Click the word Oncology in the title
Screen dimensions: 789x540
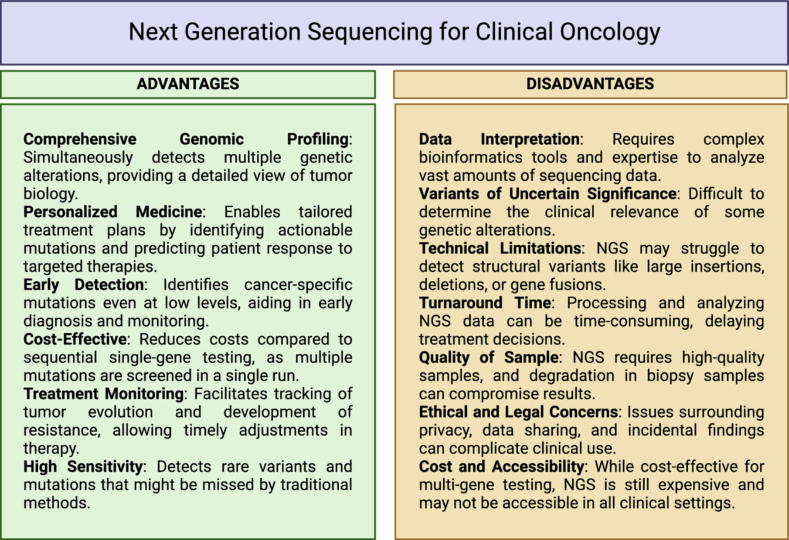[610, 32]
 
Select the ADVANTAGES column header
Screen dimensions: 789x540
[188, 84]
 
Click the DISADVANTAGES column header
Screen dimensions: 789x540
[590, 84]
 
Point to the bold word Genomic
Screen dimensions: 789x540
[211, 139]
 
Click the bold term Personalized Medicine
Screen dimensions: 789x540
[112, 212]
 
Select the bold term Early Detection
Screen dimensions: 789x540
[84, 284]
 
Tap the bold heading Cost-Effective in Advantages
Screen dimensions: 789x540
[75, 339]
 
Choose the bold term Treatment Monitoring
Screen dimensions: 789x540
[104, 394]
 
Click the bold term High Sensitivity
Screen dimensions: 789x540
[83, 466]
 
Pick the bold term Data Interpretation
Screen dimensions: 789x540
[499, 139]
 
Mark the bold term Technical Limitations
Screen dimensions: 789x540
[500, 248]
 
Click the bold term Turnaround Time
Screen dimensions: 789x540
[485, 303]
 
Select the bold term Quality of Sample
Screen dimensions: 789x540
[489, 357]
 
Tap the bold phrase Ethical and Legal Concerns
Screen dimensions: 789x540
[518, 412]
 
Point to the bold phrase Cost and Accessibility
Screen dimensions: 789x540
[501, 466]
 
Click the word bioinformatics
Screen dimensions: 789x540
[471, 157]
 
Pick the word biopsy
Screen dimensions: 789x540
[670, 376]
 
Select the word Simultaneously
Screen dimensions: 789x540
[78, 158]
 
